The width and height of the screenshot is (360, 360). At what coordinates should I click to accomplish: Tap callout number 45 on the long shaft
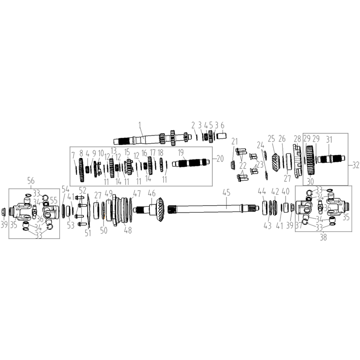(226, 193)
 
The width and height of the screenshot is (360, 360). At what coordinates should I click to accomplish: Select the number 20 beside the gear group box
(220, 158)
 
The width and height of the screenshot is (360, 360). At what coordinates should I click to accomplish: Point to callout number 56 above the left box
(31, 181)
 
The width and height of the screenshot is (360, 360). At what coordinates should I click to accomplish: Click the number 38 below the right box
(323, 237)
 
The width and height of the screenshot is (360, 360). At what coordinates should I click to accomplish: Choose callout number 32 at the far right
(356, 165)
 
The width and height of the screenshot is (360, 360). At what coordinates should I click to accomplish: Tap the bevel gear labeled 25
(276, 162)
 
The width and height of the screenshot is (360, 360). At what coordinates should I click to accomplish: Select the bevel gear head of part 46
(160, 210)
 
